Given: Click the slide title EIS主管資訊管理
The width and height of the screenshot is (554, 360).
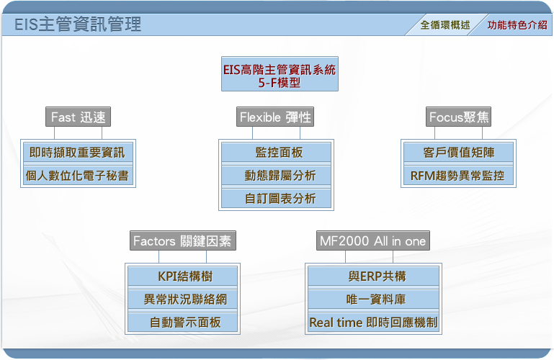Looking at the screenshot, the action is click(x=78, y=24).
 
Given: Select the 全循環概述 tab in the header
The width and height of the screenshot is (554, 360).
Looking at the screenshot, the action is click(x=445, y=24).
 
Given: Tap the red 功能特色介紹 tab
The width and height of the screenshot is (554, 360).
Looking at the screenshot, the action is click(x=517, y=24).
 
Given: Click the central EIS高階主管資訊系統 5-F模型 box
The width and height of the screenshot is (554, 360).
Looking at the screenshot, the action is click(x=280, y=73).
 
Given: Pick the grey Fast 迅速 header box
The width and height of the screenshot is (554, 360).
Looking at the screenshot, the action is click(x=78, y=117).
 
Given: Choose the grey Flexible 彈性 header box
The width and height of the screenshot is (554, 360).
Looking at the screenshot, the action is click(x=275, y=117).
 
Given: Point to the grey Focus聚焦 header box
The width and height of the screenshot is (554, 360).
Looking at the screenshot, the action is click(x=459, y=117).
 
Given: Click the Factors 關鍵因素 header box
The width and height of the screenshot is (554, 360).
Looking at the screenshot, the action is click(x=183, y=240).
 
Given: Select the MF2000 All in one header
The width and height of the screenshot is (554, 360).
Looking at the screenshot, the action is click(x=372, y=240).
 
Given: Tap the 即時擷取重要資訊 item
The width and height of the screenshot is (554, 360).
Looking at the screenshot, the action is click(x=78, y=153).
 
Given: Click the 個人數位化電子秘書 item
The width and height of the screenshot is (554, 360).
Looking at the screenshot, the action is click(x=78, y=176).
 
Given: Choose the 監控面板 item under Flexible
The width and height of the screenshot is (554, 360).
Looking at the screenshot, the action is click(x=277, y=153).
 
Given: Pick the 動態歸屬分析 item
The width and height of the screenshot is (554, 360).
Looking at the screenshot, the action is click(x=277, y=176).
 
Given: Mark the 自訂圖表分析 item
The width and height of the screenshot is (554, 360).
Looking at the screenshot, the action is click(x=277, y=198).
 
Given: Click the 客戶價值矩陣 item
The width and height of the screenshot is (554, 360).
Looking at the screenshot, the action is click(x=459, y=153).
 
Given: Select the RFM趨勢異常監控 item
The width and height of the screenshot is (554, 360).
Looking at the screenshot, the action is click(x=459, y=176).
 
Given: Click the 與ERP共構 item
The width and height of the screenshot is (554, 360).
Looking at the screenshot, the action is click(x=373, y=276).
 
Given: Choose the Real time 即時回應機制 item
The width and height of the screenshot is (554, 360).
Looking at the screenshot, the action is click(x=373, y=323).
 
